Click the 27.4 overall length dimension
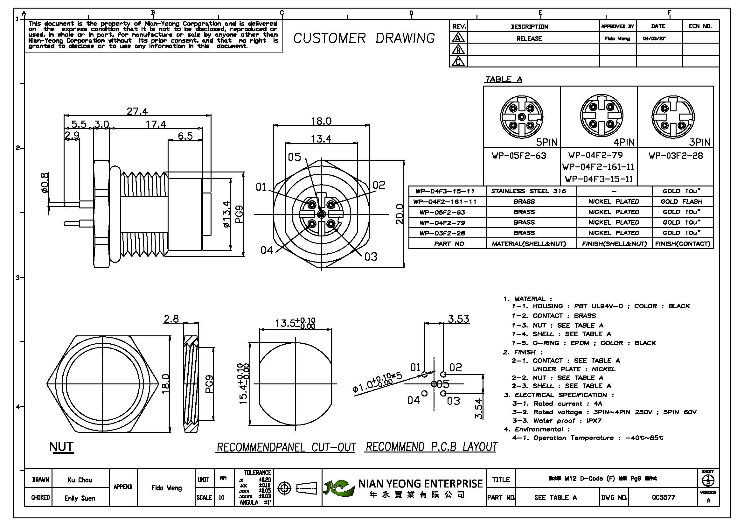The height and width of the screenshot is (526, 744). (137, 111)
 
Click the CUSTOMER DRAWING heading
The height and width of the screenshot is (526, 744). (364, 38)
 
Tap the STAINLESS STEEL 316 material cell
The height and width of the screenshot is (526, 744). (528, 191)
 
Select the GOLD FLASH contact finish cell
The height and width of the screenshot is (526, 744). (681, 201)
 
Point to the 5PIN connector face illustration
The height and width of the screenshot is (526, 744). (521, 117)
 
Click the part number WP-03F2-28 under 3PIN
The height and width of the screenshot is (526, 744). (676, 156)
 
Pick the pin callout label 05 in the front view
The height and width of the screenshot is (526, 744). (294, 157)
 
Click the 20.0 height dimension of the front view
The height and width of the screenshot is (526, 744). (400, 214)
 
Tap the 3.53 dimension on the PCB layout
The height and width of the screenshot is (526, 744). (458, 319)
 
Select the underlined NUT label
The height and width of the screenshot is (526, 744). (61, 446)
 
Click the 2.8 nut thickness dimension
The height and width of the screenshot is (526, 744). (171, 319)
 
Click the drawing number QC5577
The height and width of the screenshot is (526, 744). (663, 497)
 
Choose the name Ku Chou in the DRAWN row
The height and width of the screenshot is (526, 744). (80, 480)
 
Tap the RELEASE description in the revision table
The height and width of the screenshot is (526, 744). (529, 39)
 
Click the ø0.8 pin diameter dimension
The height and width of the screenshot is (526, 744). (45, 182)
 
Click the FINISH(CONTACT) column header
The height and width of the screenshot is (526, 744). (682, 244)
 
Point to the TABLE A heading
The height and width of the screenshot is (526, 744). (503, 79)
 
